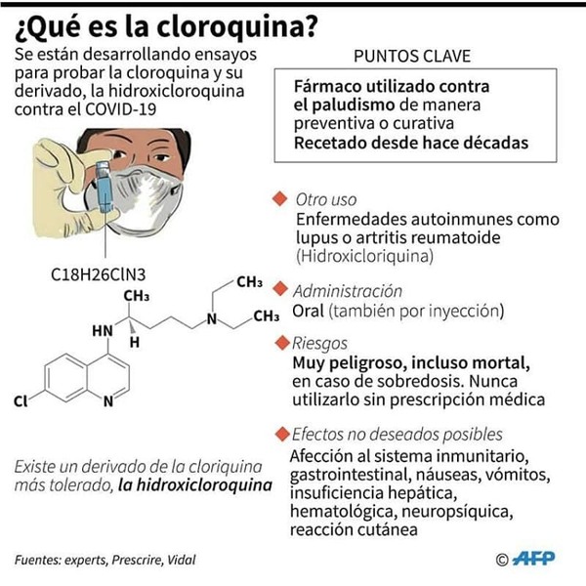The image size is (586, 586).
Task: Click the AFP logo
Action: click(x=533, y=559)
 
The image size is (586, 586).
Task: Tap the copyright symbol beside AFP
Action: click(x=502, y=560)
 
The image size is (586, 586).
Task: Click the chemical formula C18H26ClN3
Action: click(x=99, y=274)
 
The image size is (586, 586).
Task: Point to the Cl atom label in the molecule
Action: click(x=21, y=401)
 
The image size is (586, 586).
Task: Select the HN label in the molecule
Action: click(x=103, y=331)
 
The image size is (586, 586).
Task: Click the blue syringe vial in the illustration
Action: click(x=105, y=186)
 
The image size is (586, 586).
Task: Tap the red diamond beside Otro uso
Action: click(x=280, y=199)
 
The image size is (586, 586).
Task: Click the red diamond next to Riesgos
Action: click(x=282, y=343)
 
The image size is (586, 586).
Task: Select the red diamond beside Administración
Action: click(x=280, y=289)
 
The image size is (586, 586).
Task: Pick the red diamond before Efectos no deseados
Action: click(x=282, y=435)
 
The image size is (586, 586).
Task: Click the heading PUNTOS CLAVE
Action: click(x=412, y=57)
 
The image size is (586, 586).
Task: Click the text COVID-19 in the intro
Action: click(x=120, y=109)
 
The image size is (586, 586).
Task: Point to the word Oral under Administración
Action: click(x=308, y=311)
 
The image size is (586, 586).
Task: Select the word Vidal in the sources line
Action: click(x=182, y=560)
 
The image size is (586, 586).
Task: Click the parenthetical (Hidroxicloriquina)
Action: click(x=365, y=256)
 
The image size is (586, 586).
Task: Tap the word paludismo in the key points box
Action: click(x=354, y=105)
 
